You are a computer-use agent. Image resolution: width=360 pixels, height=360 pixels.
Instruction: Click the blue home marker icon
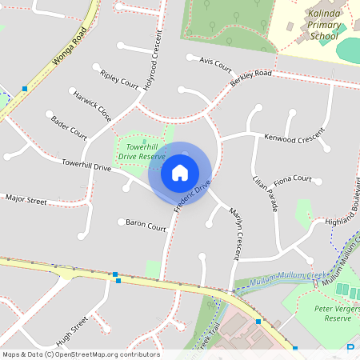(180, 172)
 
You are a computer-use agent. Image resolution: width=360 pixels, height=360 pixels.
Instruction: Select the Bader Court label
(69, 126)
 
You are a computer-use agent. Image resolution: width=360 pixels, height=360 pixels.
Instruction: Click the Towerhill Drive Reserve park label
(142, 152)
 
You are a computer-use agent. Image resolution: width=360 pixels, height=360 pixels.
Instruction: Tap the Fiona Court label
(292, 179)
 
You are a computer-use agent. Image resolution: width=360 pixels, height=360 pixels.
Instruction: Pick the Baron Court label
(146, 227)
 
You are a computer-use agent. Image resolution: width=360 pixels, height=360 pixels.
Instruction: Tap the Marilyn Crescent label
(235, 234)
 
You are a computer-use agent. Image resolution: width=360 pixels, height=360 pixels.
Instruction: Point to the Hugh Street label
(72, 329)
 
